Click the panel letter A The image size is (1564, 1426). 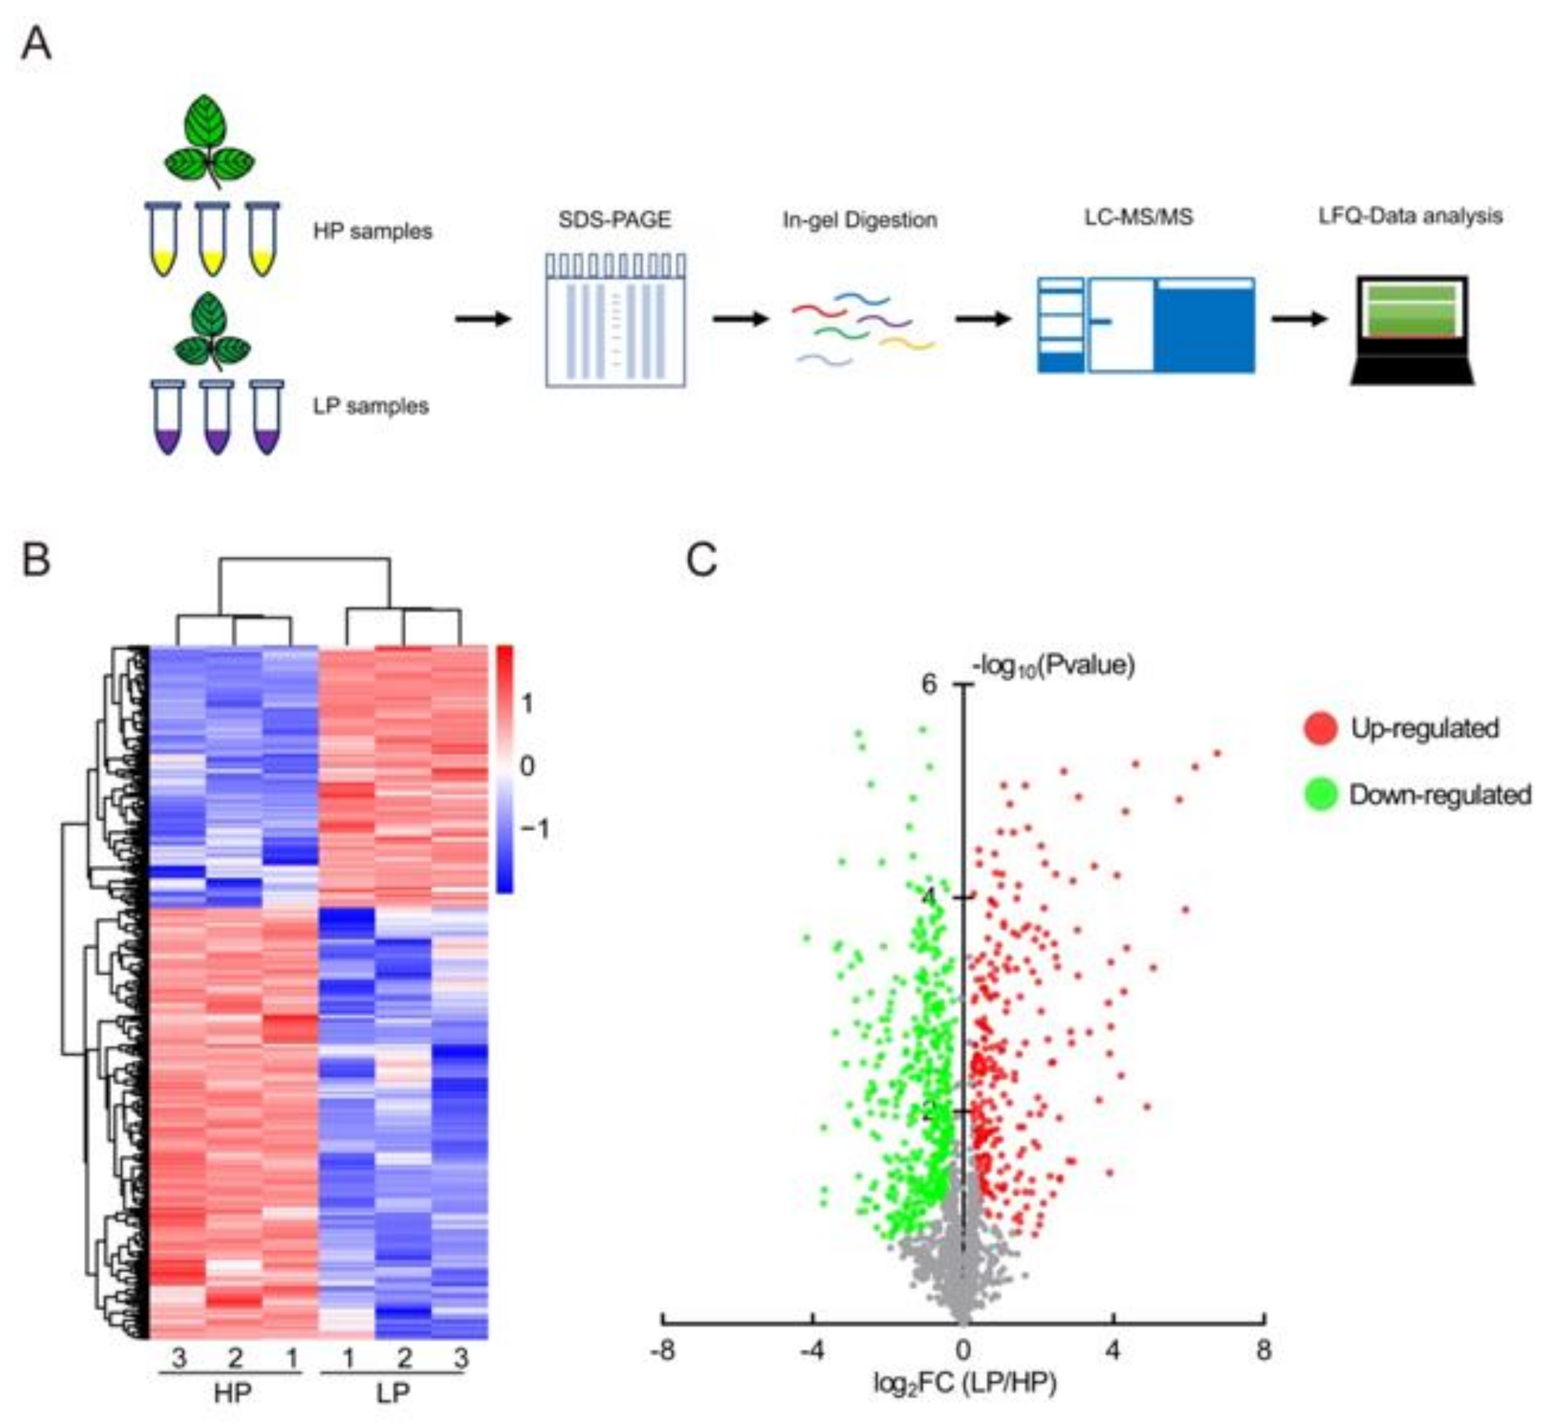[36, 44]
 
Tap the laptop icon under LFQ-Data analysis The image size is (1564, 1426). [1412, 330]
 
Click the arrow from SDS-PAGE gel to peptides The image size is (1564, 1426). [740, 319]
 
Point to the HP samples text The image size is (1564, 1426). [373, 231]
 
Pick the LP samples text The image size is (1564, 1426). [371, 406]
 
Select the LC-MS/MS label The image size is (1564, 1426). [1138, 216]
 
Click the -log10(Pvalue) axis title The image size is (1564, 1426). [1053, 665]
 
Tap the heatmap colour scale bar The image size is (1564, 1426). [504, 768]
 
